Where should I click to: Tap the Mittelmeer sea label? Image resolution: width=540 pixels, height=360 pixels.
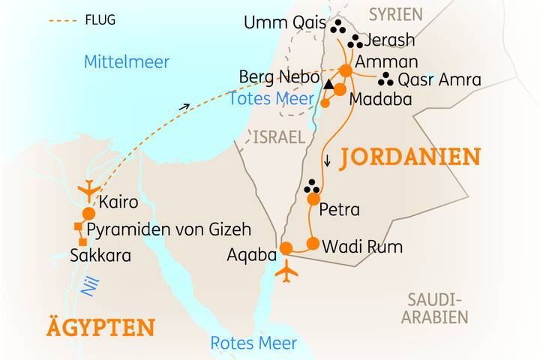coord(127,61)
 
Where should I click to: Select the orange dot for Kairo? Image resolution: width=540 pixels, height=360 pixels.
coord(88,214)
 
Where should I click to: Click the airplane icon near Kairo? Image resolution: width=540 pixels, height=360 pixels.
coord(90,188)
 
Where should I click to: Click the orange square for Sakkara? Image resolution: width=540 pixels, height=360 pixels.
coord(82,241)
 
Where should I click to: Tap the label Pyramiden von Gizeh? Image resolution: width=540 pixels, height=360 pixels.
coord(169,229)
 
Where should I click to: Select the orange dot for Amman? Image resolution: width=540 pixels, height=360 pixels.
coord(346,70)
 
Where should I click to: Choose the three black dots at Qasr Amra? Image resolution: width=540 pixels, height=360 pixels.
coord(385,79)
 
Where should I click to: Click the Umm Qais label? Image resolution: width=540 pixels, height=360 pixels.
coord(284,23)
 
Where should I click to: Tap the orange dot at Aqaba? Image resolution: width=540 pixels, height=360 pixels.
coord(286,248)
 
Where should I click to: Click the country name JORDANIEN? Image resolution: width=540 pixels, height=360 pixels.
coord(409,157)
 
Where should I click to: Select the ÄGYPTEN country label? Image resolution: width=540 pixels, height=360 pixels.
coord(100,328)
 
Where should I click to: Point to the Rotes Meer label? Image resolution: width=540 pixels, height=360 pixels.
coord(253,343)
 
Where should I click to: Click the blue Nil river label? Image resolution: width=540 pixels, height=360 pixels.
coord(88,286)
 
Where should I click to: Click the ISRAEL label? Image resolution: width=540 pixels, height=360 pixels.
coord(279,136)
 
